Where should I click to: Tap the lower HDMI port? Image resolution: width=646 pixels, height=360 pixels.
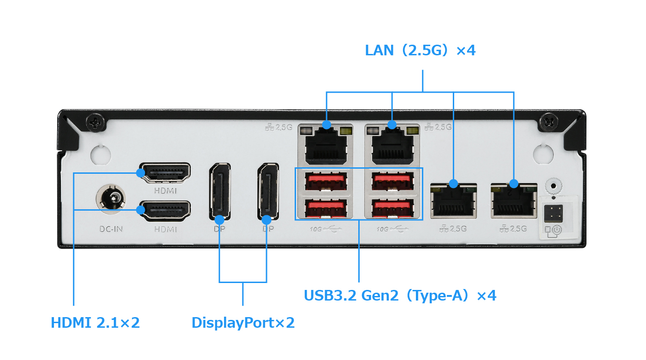tap(165, 211)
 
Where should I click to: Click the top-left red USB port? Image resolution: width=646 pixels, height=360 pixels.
tap(326, 180)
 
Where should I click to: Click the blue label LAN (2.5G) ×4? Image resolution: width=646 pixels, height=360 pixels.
tap(420, 50)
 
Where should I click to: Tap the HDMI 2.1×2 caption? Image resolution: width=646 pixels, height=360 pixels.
tap(95, 323)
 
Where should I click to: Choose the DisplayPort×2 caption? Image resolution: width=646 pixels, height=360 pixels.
tap(243, 323)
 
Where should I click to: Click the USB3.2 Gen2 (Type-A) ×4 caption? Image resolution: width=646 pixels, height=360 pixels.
tap(400, 295)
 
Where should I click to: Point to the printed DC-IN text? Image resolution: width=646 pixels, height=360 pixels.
tap(112, 229)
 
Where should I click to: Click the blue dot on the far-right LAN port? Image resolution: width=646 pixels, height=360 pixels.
tap(514, 183)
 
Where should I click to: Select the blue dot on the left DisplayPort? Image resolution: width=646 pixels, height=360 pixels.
tap(219, 219)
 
